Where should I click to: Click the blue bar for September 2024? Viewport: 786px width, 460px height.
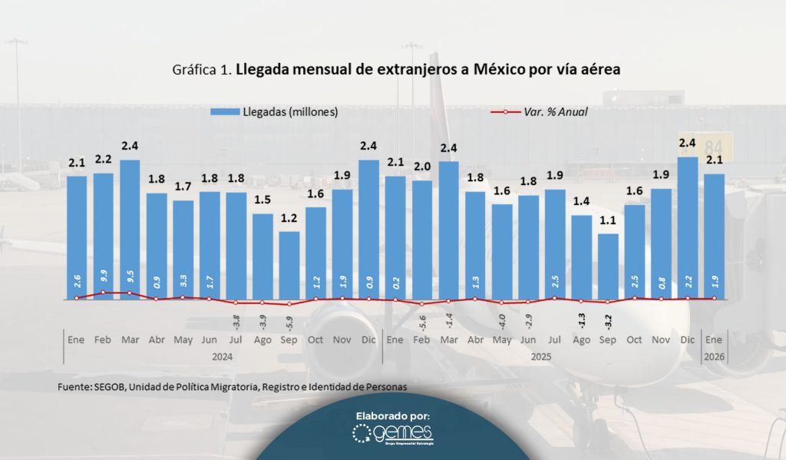click(289, 265)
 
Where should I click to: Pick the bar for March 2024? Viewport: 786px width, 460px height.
click(130, 230)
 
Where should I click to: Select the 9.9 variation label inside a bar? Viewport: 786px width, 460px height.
click(104, 282)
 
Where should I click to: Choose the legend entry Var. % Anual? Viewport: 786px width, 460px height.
click(556, 111)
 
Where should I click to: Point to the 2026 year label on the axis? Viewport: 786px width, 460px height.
click(715, 357)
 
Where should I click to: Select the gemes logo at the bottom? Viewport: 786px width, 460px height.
click(393, 435)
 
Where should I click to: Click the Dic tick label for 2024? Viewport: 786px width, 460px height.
click(368, 339)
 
